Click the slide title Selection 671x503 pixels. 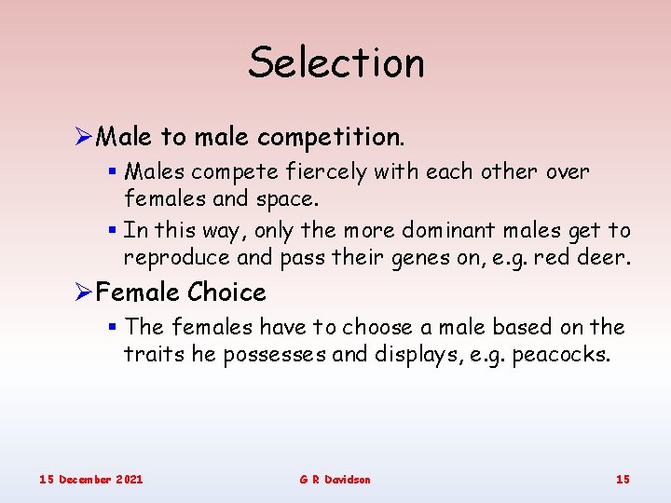tap(335, 63)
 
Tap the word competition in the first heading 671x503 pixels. tap(331, 138)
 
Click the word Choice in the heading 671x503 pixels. tap(226, 292)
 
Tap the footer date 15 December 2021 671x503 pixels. tap(91, 479)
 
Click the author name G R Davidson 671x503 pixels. tap(335, 479)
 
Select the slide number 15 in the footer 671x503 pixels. tap(623, 479)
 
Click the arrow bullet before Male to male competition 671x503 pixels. tap(82, 138)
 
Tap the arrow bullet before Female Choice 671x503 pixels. tap(82, 292)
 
